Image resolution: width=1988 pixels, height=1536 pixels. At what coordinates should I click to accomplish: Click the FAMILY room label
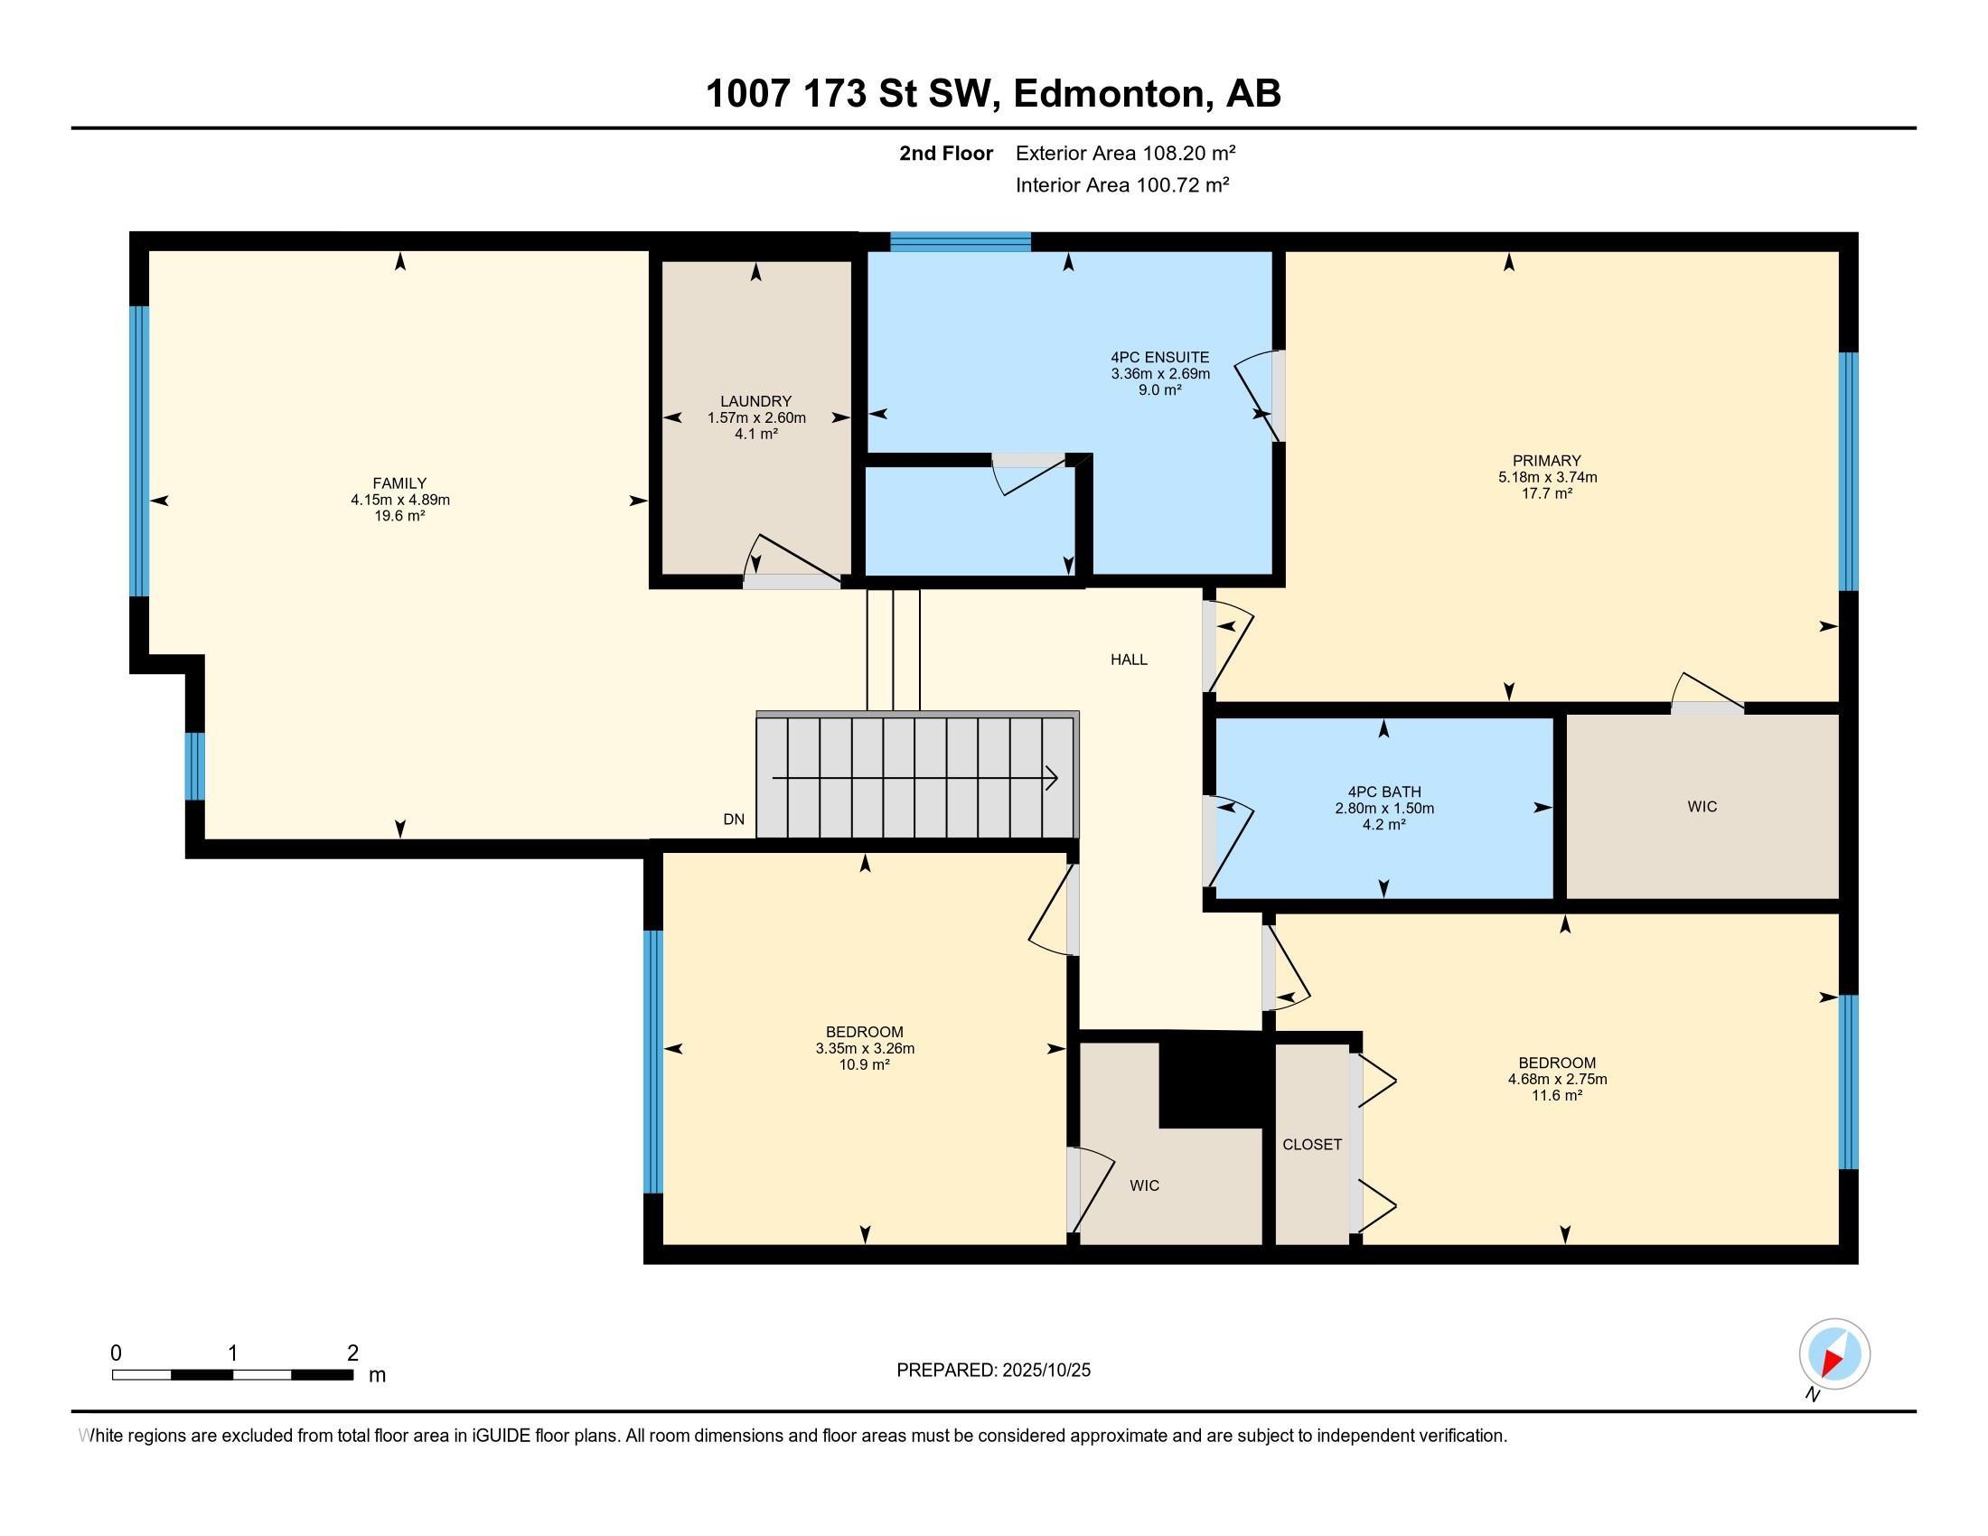(x=399, y=483)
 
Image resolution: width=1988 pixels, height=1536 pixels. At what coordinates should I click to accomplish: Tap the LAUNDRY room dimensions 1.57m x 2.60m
(x=755, y=417)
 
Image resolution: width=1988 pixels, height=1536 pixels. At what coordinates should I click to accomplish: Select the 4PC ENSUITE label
(x=1159, y=358)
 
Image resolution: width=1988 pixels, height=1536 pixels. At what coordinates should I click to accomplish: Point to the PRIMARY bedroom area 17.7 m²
(x=1546, y=493)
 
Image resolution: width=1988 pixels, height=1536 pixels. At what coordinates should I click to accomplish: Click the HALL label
(x=1129, y=660)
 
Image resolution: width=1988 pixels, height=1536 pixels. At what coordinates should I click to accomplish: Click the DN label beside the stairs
(x=734, y=819)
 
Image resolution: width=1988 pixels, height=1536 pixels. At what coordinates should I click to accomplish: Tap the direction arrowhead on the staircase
(x=1051, y=779)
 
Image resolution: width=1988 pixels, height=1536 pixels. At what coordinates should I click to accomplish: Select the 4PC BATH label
(x=1383, y=791)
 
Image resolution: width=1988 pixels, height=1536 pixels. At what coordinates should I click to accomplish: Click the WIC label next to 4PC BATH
(x=1702, y=806)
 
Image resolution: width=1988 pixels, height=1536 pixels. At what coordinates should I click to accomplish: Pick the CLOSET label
(x=1312, y=1145)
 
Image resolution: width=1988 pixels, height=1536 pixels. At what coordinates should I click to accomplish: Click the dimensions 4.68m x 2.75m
(x=1557, y=1079)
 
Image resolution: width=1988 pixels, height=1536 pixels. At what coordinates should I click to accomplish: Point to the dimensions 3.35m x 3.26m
(x=865, y=1048)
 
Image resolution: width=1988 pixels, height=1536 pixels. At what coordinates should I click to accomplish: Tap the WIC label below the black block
(x=1144, y=1185)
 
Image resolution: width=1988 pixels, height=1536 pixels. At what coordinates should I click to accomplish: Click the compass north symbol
(x=1834, y=1355)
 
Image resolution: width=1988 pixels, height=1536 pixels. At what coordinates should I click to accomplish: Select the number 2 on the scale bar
(x=352, y=1353)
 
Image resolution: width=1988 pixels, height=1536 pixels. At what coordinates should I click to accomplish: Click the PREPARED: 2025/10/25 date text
(x=993, y=1371)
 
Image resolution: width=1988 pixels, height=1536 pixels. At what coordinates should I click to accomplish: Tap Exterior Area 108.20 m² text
(x=1125, y=153)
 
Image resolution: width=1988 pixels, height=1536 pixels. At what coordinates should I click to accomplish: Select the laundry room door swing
(x=790, y=557)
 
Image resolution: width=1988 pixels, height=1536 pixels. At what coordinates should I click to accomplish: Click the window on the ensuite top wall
(x=960, y=241)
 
